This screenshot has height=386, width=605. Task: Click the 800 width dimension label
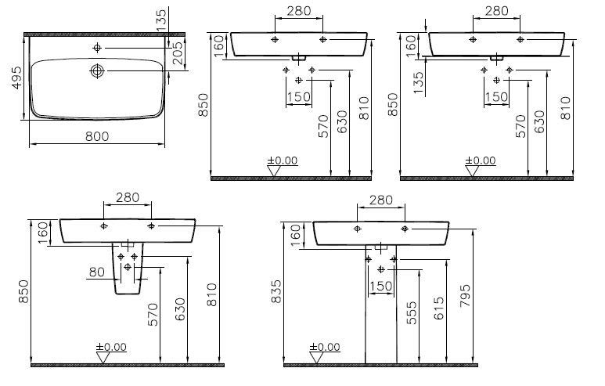tap(97, 136)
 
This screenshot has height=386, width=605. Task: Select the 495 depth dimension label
tap(17, 78)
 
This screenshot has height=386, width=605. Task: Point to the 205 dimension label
tap(177, 53)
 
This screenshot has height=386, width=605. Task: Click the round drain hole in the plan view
tap(97, 71)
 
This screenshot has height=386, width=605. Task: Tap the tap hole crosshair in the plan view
tap(97, 48)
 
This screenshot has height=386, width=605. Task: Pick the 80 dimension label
tap(96, 272)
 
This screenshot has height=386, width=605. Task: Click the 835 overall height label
tap(276, 291)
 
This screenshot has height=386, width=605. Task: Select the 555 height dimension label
tap(412, 312)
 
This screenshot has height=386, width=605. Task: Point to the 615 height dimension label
tap(438, 308)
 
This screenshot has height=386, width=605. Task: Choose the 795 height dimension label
tap(465, 296)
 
